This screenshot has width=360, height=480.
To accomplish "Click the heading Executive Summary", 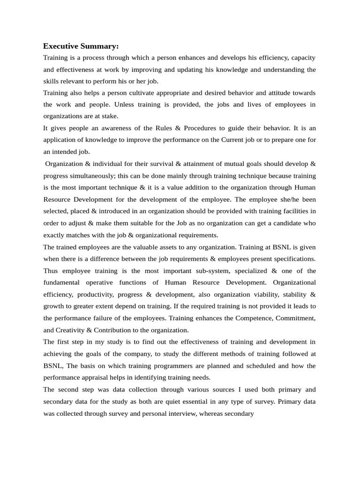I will pos(81,46).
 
